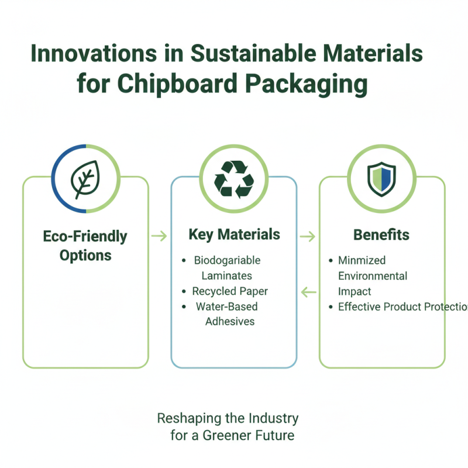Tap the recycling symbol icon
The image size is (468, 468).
(x=233, y=178)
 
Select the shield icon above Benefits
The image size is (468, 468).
(x=381, y=178)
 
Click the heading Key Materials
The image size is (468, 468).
(x=234, y=235)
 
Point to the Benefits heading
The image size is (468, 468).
(x=381, y=235)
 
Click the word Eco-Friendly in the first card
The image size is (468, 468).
(x=85, y=236)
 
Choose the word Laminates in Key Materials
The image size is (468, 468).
(x=227, y=275)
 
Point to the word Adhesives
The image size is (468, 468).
(x=229, y=321)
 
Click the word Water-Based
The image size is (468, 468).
(x=226, y=306)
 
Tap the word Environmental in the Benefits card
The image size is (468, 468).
(x=373, y=276)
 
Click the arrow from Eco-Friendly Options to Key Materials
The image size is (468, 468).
(x=159, y=236)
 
